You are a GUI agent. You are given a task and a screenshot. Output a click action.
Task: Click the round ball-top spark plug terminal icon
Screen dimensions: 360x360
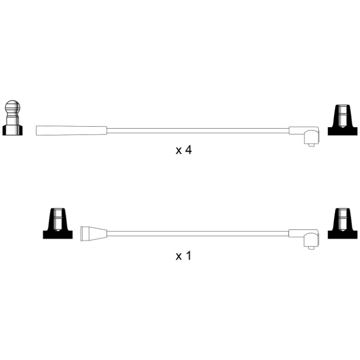(x=12, y=118)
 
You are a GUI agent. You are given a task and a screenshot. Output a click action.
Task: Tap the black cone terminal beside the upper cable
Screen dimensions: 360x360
(x=342, y=120)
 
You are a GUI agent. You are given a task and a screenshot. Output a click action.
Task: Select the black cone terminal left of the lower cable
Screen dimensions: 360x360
(x=58, y=224)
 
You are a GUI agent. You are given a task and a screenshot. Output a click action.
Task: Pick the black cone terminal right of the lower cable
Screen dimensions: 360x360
(x=342, y=224)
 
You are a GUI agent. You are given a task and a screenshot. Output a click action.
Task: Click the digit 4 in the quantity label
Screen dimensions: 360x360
(x=188, y=150)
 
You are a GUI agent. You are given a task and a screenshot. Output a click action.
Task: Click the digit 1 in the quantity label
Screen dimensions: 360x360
(x=189, y=255)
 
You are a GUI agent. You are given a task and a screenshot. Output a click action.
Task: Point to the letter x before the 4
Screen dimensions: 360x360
(x=179, y=151)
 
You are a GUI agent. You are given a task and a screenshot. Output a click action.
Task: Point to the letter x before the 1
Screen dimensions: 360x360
(x=179, y=257)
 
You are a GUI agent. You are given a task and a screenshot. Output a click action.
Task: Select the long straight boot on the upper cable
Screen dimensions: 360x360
(x=71, y=131)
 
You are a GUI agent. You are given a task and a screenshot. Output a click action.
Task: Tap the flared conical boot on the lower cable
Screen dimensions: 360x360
(x=94, y=234)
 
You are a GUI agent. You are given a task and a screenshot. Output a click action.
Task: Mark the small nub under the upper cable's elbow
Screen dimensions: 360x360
(x=311, y=145)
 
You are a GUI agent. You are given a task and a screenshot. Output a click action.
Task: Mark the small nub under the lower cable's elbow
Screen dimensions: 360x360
(x=311, y=248)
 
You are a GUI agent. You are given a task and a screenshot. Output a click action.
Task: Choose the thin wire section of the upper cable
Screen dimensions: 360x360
(x=198, y=131)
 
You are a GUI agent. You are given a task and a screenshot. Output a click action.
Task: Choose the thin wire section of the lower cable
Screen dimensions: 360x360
(x=198, y=234)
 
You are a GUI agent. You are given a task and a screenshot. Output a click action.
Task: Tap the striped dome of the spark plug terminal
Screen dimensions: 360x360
(x=13, y=107)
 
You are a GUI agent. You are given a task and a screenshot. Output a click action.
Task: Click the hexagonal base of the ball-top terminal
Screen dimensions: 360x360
(x=12, y=131)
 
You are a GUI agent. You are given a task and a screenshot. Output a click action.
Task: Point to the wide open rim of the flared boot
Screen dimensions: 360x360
(x=82, y=234)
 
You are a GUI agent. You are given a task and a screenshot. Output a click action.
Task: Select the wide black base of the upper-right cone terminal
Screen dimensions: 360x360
(x=342, y=131)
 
